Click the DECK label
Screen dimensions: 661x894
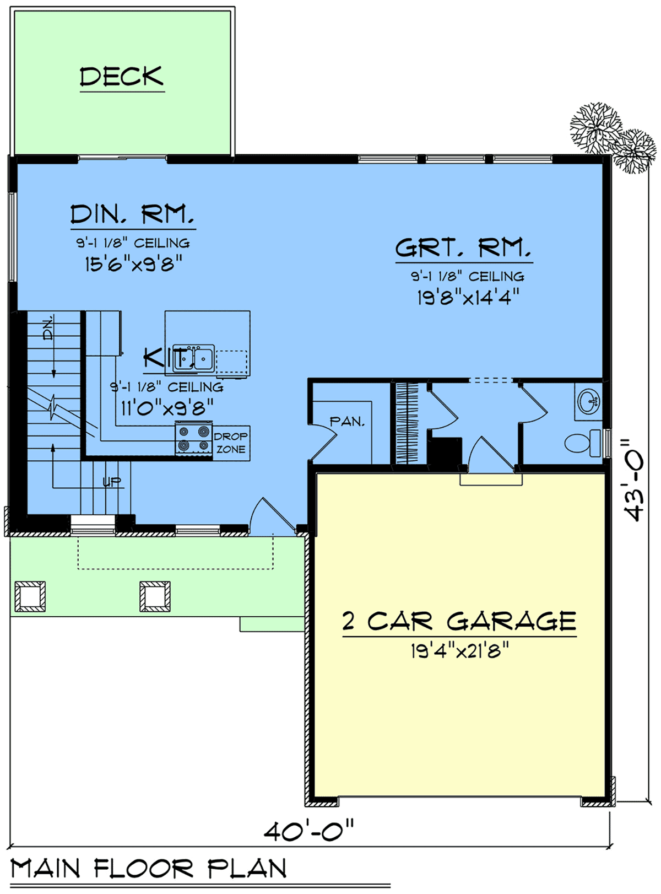tap(122, 77)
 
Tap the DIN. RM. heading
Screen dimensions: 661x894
tap(132, 214)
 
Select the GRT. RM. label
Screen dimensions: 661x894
tap(463, 247)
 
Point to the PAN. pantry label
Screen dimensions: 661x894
tap(347, 422)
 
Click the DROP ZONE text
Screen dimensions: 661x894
tap(231, 443)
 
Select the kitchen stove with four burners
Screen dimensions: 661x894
tap(193, 439)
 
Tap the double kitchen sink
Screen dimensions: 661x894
tap(193, 358)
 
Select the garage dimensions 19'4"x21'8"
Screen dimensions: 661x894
tap(460, 650)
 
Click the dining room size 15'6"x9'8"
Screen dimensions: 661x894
tap(134, 264)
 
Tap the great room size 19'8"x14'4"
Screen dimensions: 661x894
tap(468, 298)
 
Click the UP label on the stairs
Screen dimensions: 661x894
tap(112, 482)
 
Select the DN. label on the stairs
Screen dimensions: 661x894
tap(47, 328)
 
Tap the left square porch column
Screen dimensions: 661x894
tap(30, 596)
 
